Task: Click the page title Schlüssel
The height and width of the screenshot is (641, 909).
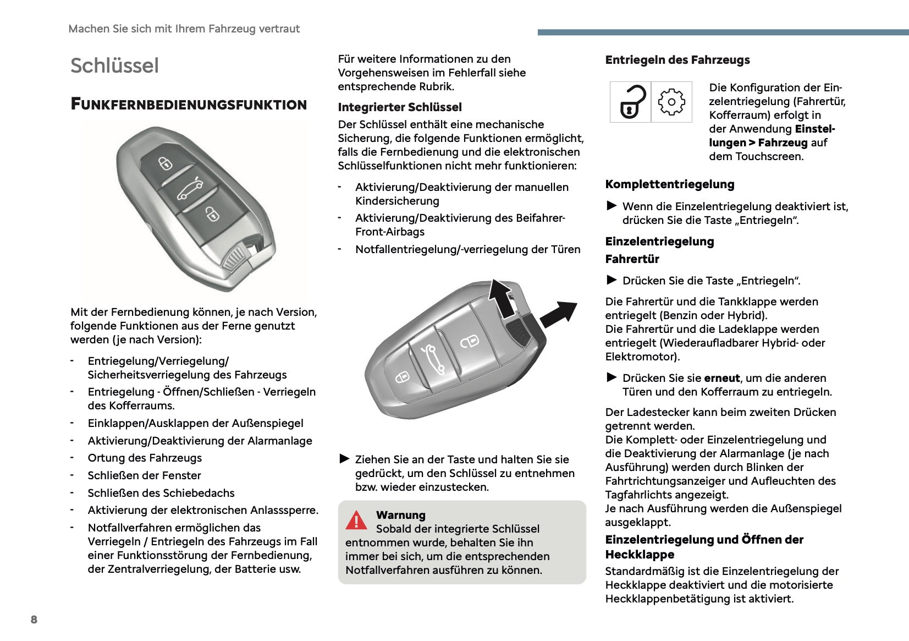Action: click(x=114, y=65)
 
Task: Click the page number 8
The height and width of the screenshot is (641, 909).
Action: click(x=34, y=620)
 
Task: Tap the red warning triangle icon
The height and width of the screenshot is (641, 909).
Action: click(x=356, y=520)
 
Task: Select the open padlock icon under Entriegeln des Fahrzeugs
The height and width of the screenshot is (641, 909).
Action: click(x=631, y=102)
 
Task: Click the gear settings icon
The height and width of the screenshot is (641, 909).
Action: click(x=671, y=102)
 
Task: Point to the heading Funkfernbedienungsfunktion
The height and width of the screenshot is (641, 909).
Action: click(x=189, y=105)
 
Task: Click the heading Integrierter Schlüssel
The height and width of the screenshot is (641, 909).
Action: click(x=400, y=107)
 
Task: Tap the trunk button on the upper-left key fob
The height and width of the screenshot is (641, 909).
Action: click(x=190, y=190)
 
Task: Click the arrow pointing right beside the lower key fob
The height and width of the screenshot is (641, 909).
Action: click(x=558, y=314)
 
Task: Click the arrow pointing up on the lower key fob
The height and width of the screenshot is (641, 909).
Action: click(x=501, y=297)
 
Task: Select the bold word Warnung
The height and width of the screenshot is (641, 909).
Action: click(x=401, y=515)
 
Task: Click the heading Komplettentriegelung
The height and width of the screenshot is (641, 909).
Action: click(x=670, y=184)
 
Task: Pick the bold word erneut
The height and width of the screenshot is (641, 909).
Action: click(x=722, y=378)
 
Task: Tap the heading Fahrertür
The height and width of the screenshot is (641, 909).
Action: click(x=632, y=259)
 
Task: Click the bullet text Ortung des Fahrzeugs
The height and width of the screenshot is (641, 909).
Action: click(x=145, y=458)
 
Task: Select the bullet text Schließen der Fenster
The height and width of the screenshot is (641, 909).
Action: click(x=144, y=475)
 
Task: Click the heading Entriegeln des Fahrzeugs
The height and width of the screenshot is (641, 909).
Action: click(x=677, y=60)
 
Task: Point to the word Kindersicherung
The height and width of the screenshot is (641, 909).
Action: click(x=397, y=201)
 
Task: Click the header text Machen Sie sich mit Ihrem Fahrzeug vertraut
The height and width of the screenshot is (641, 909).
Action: click(x=184, y=29)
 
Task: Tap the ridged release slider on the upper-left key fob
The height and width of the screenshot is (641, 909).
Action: click(x=236, y=257)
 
